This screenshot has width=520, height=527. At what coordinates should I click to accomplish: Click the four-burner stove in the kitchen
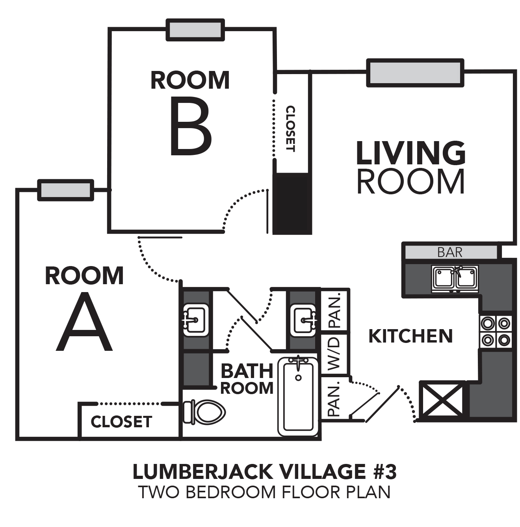[x=496, y=332]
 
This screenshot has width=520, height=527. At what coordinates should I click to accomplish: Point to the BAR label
[x=450, y=252]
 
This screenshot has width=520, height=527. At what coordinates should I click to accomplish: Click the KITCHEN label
[x=410, y=336]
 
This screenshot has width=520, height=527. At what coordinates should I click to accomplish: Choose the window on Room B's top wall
[x=195, y=30]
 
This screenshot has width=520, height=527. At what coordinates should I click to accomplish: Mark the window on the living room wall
[x=415, y=73]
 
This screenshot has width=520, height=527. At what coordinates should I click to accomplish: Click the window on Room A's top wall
[x=66, y=190]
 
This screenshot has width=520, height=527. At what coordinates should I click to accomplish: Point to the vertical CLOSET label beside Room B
[x=290, y=128]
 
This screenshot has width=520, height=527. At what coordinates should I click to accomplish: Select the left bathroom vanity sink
[x=196, y=320]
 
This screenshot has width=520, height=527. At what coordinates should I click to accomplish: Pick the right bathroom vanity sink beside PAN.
[x=305, y=320]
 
